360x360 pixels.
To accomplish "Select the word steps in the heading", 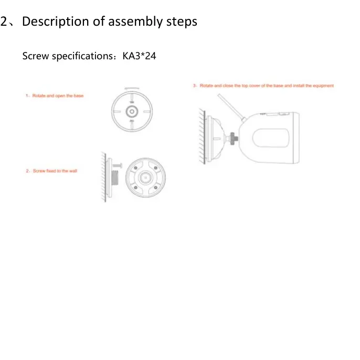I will click(182, 22).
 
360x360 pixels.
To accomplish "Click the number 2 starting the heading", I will click(4, 22).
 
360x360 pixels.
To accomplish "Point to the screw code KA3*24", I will click(140, 56).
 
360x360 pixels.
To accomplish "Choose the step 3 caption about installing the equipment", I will click(265, 86).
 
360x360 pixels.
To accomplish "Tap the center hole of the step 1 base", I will click(131, 112).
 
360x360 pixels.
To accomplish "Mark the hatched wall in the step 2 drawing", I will click(102, 178).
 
